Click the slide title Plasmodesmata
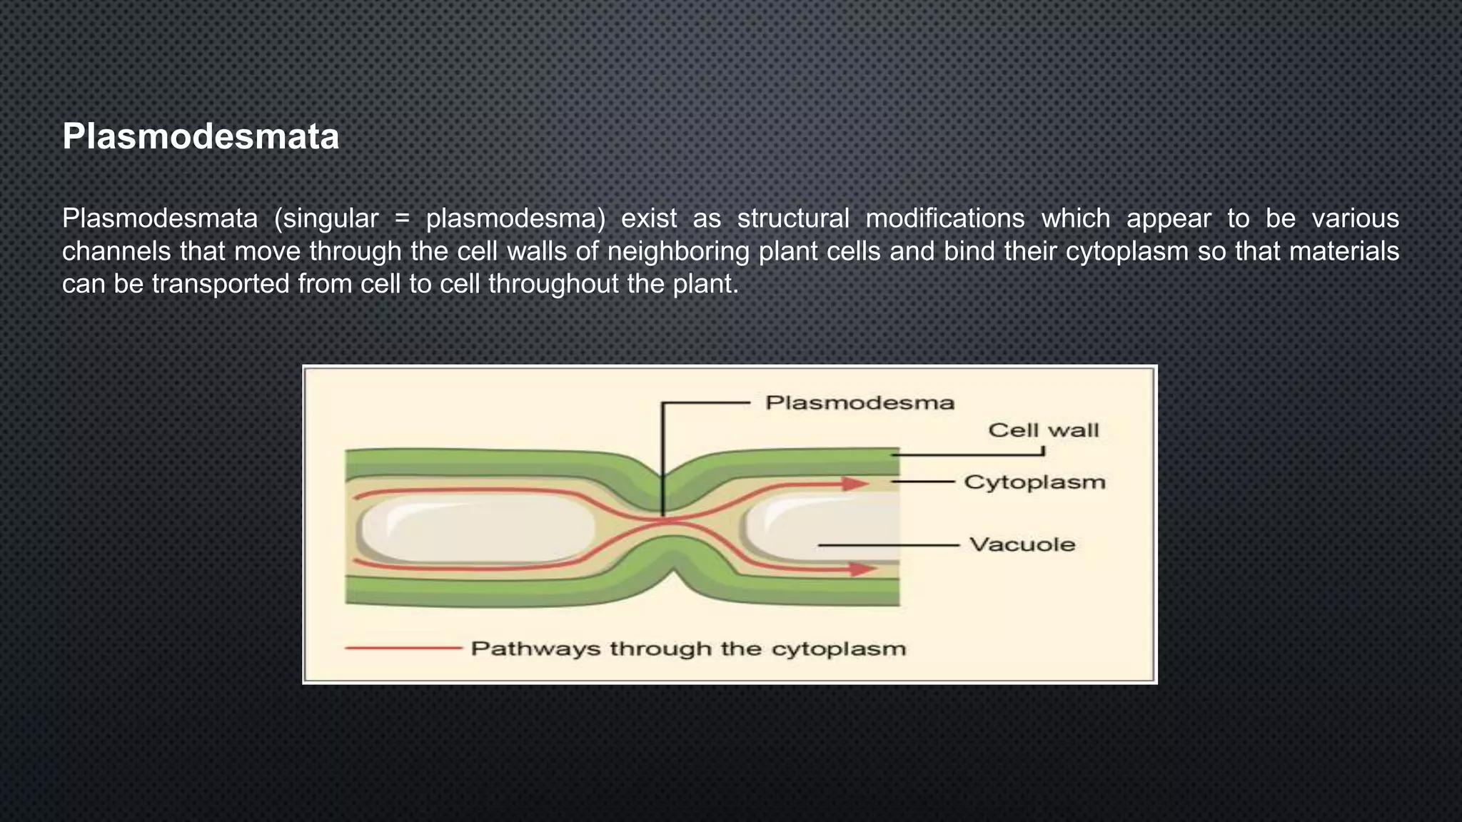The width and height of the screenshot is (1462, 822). [201, 136]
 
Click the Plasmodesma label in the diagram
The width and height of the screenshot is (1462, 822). [859, 403]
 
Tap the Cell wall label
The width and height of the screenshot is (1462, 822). [1043, 430]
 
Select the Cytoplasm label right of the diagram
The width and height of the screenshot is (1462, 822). [1034, 482]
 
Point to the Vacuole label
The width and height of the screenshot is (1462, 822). [1022, 545]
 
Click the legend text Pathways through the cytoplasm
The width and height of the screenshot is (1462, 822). [688, 649]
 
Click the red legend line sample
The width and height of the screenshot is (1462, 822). [403, 649]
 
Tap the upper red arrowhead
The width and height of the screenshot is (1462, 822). [854, 484]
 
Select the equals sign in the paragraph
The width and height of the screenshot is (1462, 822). [402, 218]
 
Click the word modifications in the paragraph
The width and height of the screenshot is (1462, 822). [945, 218]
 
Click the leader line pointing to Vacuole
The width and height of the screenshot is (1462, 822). [888, 545]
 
